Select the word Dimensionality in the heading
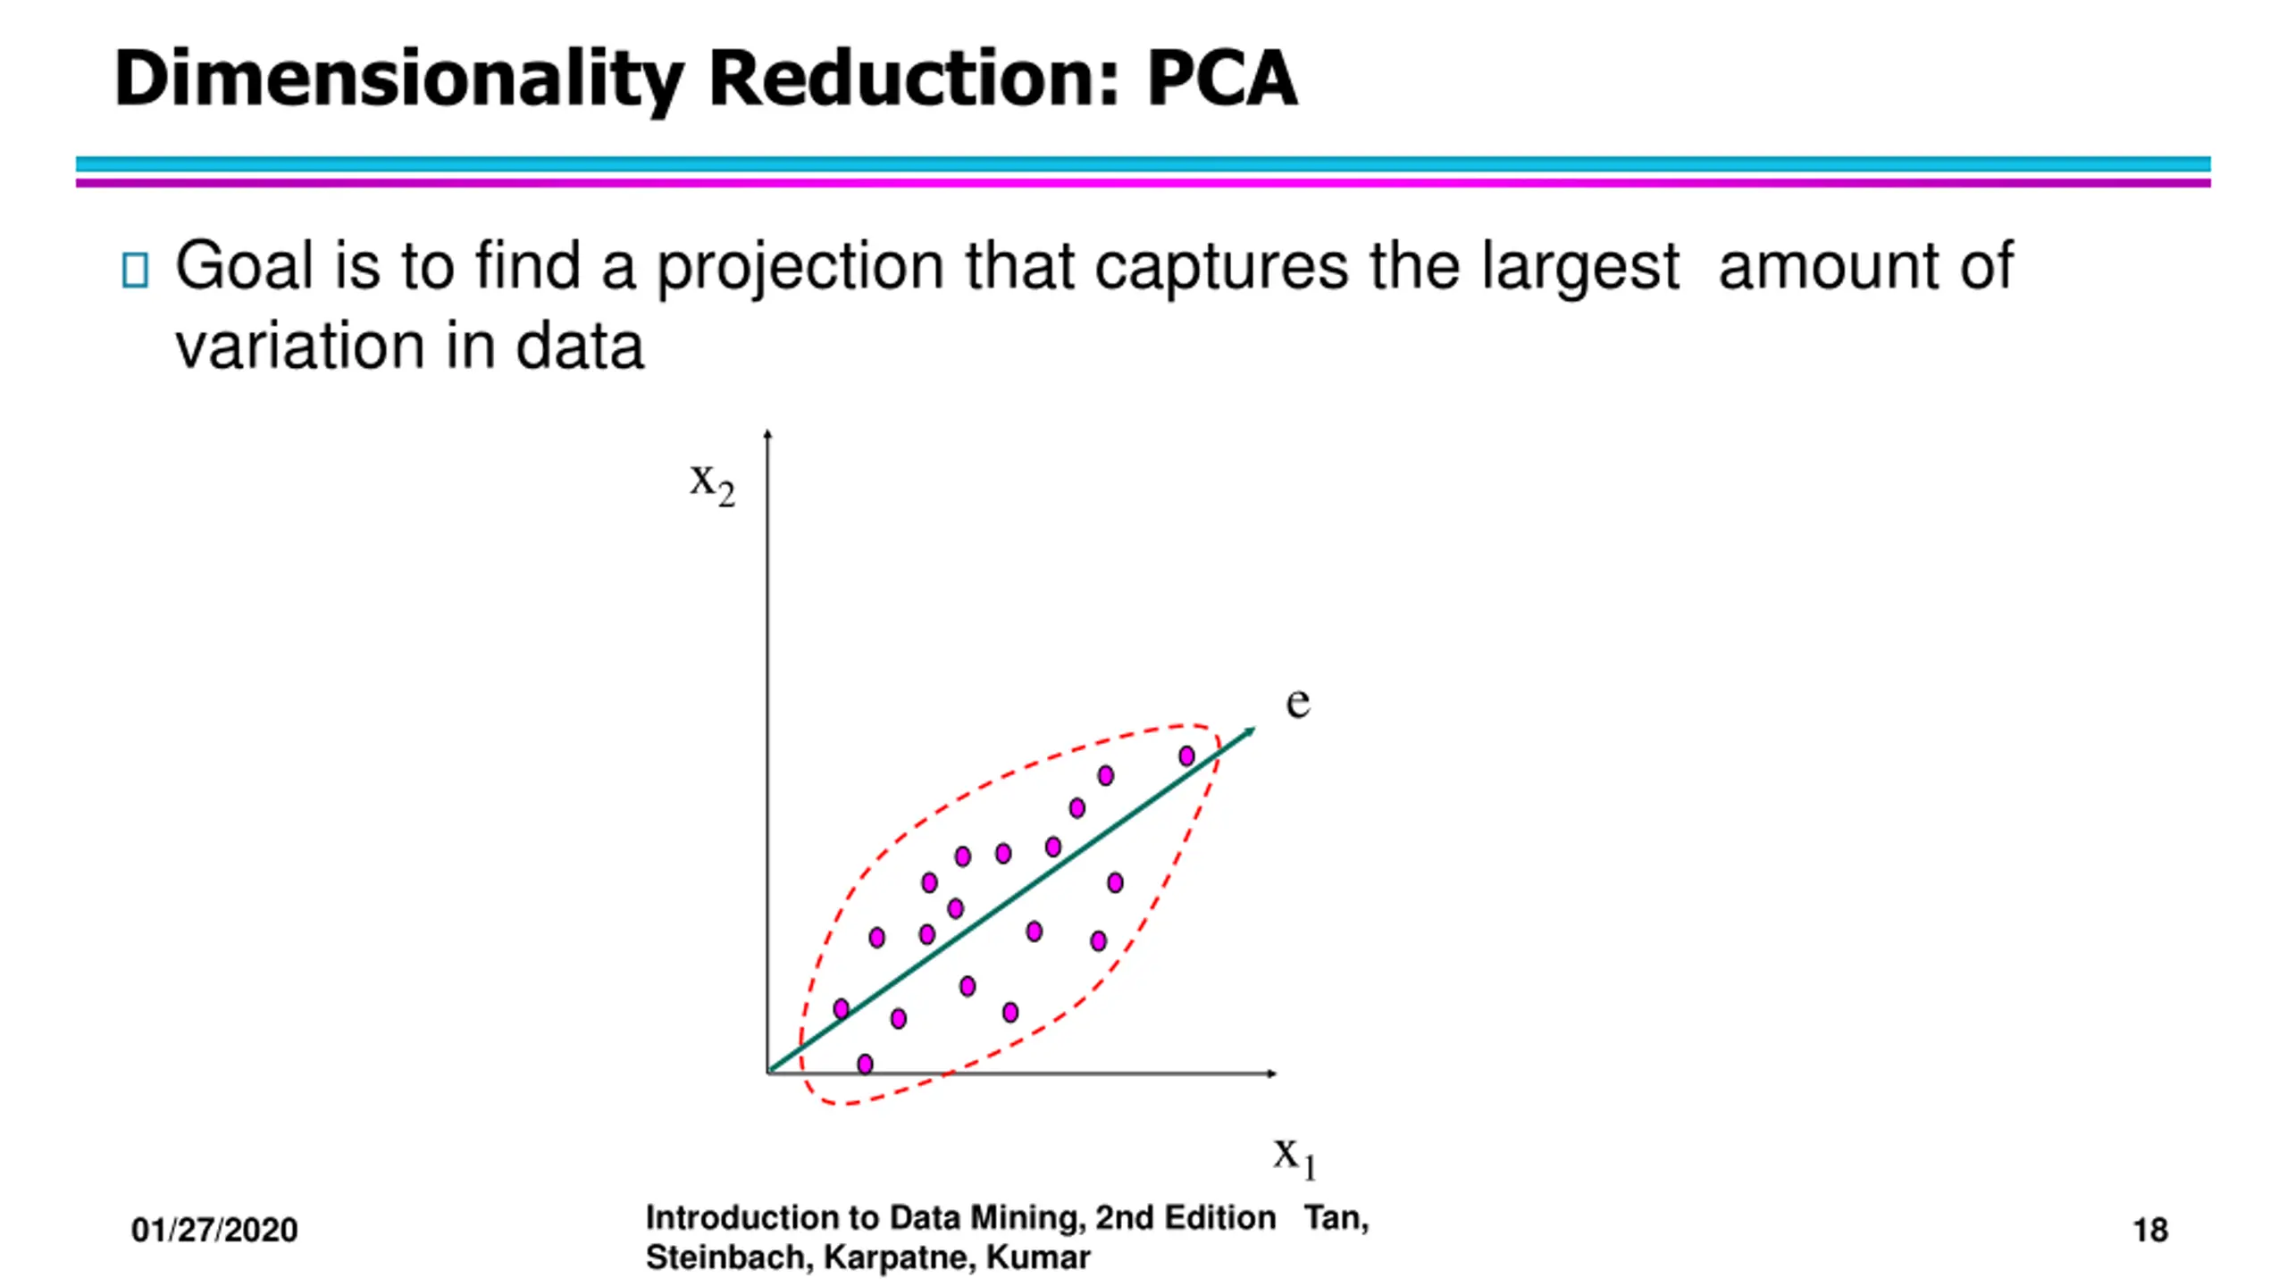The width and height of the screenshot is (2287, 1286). (x=398, y=80)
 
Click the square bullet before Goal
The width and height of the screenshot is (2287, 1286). (x=134, y=270)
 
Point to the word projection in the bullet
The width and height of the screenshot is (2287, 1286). (x=800, y=268)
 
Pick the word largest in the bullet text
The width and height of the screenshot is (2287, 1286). (x=1579, y=268)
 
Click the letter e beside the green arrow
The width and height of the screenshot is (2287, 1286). (x=1297, y=702)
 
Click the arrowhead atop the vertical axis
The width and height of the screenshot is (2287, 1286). (x=767, y=435)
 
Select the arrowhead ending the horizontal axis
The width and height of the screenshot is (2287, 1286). (x=1272, y=1073)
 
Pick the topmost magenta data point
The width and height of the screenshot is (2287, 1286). (x=1186, y=756)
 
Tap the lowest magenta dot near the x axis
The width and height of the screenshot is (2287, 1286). (x=865, y=1064)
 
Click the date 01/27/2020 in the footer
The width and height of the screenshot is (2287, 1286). (x=214, y=1231)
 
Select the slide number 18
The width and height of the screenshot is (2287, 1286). (x=2149, y=1231)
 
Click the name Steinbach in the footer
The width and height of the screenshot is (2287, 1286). (x=726, y=1257)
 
